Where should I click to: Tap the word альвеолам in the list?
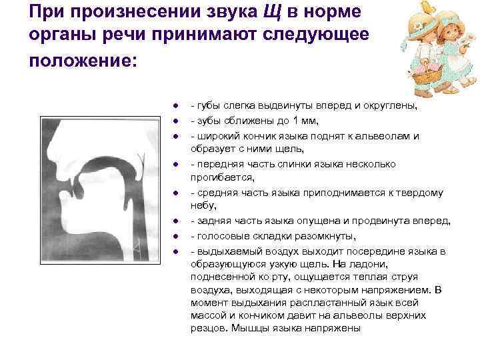pos(383,135)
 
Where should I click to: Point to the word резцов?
pos(206,328)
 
